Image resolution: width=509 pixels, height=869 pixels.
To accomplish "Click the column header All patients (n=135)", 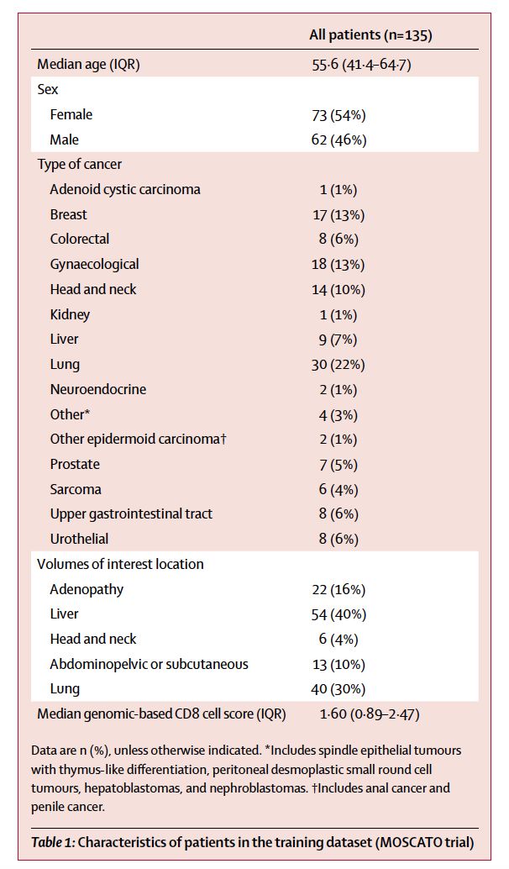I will [372, 35].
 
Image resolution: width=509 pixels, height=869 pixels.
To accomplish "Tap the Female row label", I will [71, 114].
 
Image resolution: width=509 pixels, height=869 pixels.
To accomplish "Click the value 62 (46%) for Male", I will [339, 140].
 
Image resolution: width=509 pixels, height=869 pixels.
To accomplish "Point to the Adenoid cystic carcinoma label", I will [125, 189].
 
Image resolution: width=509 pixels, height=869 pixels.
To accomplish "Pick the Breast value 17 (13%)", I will [339, 214].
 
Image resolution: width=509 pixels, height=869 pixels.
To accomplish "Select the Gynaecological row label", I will [95, 264].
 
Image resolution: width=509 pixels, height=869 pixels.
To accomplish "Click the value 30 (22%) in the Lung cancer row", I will [339, 364].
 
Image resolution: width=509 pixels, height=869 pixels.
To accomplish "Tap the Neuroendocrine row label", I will [97, 389].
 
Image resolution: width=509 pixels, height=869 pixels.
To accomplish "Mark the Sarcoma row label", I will [76, 489].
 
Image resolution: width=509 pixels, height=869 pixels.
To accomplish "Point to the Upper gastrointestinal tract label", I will [130, 513].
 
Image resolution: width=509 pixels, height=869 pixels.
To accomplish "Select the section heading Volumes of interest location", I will [120, 564].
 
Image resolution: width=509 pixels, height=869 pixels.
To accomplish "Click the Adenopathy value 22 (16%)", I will [339, 589].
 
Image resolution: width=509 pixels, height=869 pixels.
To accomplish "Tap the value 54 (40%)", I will [339, 614].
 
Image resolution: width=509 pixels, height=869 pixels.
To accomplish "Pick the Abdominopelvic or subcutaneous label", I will [150, 664].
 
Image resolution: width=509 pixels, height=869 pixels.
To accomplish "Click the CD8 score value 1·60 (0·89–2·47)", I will [366, 714].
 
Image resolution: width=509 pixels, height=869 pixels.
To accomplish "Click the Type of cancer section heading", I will [80, 164].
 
